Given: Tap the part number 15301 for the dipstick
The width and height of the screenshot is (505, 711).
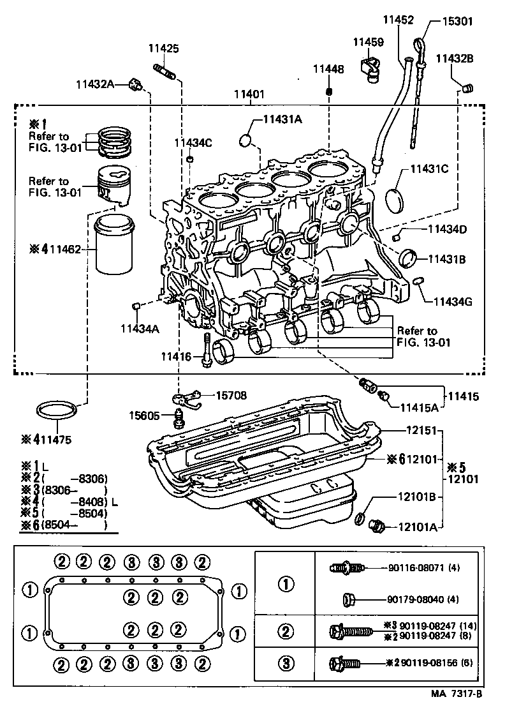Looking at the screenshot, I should pyautogui.click(x=458, y=20).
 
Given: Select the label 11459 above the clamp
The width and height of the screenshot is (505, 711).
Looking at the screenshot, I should pyautogui.click(x=368, y=42).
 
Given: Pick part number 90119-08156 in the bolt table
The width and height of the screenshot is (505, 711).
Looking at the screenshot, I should pyautogui.click(x=426, y=662).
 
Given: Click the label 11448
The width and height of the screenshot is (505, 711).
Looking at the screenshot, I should pyautogui.click(x=328, y=69).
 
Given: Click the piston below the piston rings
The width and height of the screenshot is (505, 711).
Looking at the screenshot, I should pyautogui.click(x=115, y=186).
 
